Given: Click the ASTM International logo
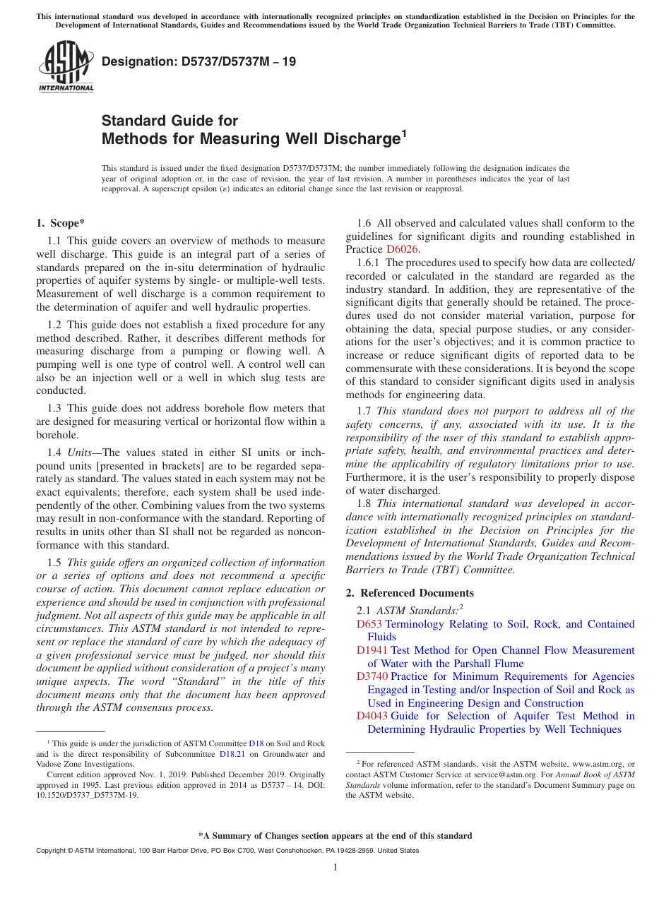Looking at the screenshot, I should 65,68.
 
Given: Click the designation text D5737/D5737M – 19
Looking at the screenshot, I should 198,62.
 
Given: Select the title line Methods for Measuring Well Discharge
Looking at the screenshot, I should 251,139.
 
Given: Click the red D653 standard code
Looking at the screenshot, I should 369,624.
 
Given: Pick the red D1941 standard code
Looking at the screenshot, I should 372,650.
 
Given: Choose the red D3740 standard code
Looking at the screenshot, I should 372,677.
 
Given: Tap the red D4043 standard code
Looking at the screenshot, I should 372,716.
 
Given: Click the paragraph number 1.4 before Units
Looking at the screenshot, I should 54,453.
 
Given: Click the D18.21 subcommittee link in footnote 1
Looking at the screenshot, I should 232,754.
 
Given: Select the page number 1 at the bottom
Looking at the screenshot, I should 335,868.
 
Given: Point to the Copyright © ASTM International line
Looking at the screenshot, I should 227,851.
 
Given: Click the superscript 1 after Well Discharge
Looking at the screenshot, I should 404,133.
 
